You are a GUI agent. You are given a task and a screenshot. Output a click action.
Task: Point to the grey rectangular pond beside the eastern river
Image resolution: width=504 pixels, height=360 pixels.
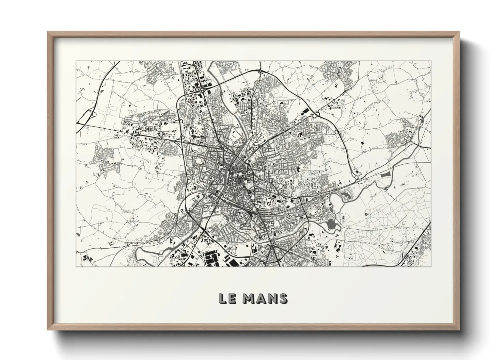click(x=385, y=175)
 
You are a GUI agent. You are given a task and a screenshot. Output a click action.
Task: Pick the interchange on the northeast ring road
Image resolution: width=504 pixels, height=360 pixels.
click(x=315, y=116)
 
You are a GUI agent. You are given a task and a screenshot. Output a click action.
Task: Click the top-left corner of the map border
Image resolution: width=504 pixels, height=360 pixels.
click(x=76, y=61)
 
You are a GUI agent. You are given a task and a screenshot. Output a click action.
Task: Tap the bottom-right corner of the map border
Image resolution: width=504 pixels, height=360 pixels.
click(x=431, y=266)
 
